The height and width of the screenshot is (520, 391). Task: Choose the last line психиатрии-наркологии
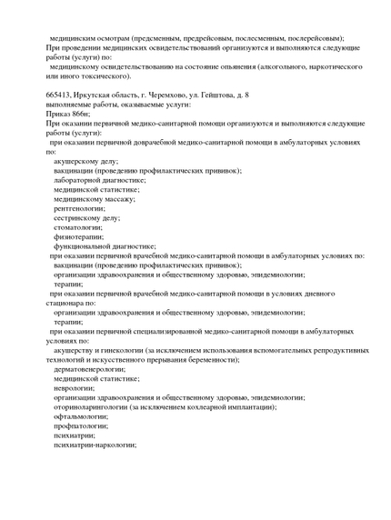[95, 445]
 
